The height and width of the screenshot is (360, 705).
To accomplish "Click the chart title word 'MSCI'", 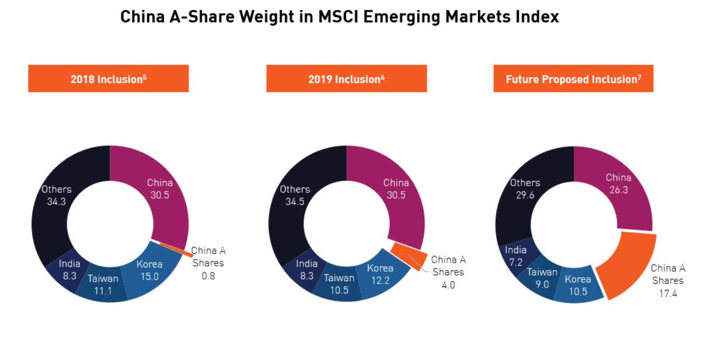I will click(x=338, y=17).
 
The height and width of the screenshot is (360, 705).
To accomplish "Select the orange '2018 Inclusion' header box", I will click(x=109, y=79).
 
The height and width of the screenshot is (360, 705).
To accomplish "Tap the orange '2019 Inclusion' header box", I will click(x=346, y=79).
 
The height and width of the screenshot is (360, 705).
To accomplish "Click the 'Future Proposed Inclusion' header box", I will click(x=573, y=79).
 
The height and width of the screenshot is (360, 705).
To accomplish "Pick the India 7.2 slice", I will click(x=515, y=255).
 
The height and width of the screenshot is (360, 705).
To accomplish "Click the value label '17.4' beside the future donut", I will click(x=668, y=293).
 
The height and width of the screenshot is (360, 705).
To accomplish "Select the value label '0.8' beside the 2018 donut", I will click(x=208, y=276).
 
